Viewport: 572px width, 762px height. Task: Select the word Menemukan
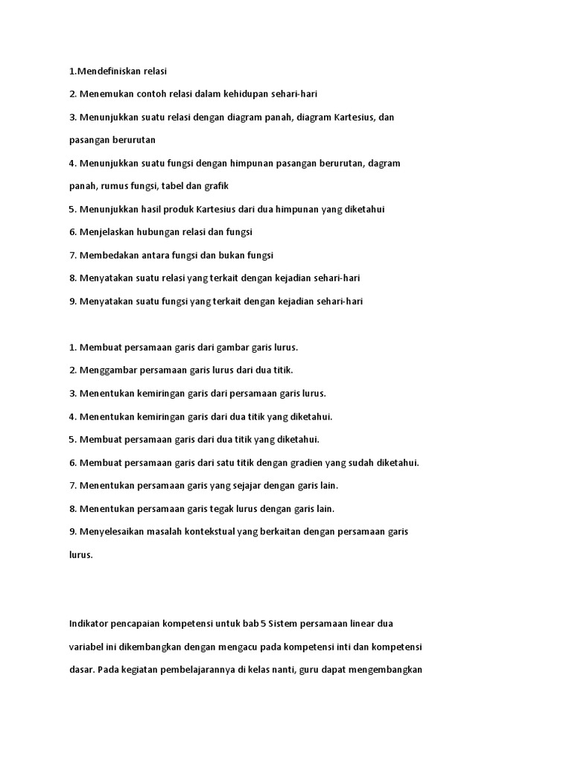tap(105, 93)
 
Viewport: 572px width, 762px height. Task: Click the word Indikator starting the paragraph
tap(90, 623)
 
